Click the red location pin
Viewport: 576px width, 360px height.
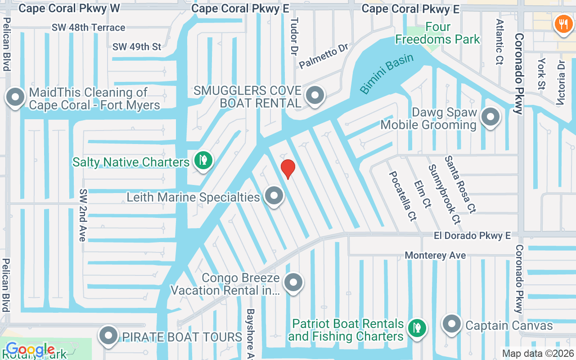288,169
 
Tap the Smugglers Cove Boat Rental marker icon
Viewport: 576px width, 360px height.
315,96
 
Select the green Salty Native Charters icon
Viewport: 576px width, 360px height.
203,160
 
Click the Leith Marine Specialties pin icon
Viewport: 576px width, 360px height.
274,196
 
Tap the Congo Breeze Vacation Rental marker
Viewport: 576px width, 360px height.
293,283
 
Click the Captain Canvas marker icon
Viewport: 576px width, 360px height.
451,324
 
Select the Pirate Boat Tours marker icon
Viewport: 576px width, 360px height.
108,336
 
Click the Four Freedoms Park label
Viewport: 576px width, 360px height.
437,33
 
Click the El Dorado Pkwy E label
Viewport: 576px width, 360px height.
472,235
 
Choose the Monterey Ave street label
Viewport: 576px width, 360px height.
435,255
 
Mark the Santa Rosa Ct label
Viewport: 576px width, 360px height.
460,184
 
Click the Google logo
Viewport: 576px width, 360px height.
30,350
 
